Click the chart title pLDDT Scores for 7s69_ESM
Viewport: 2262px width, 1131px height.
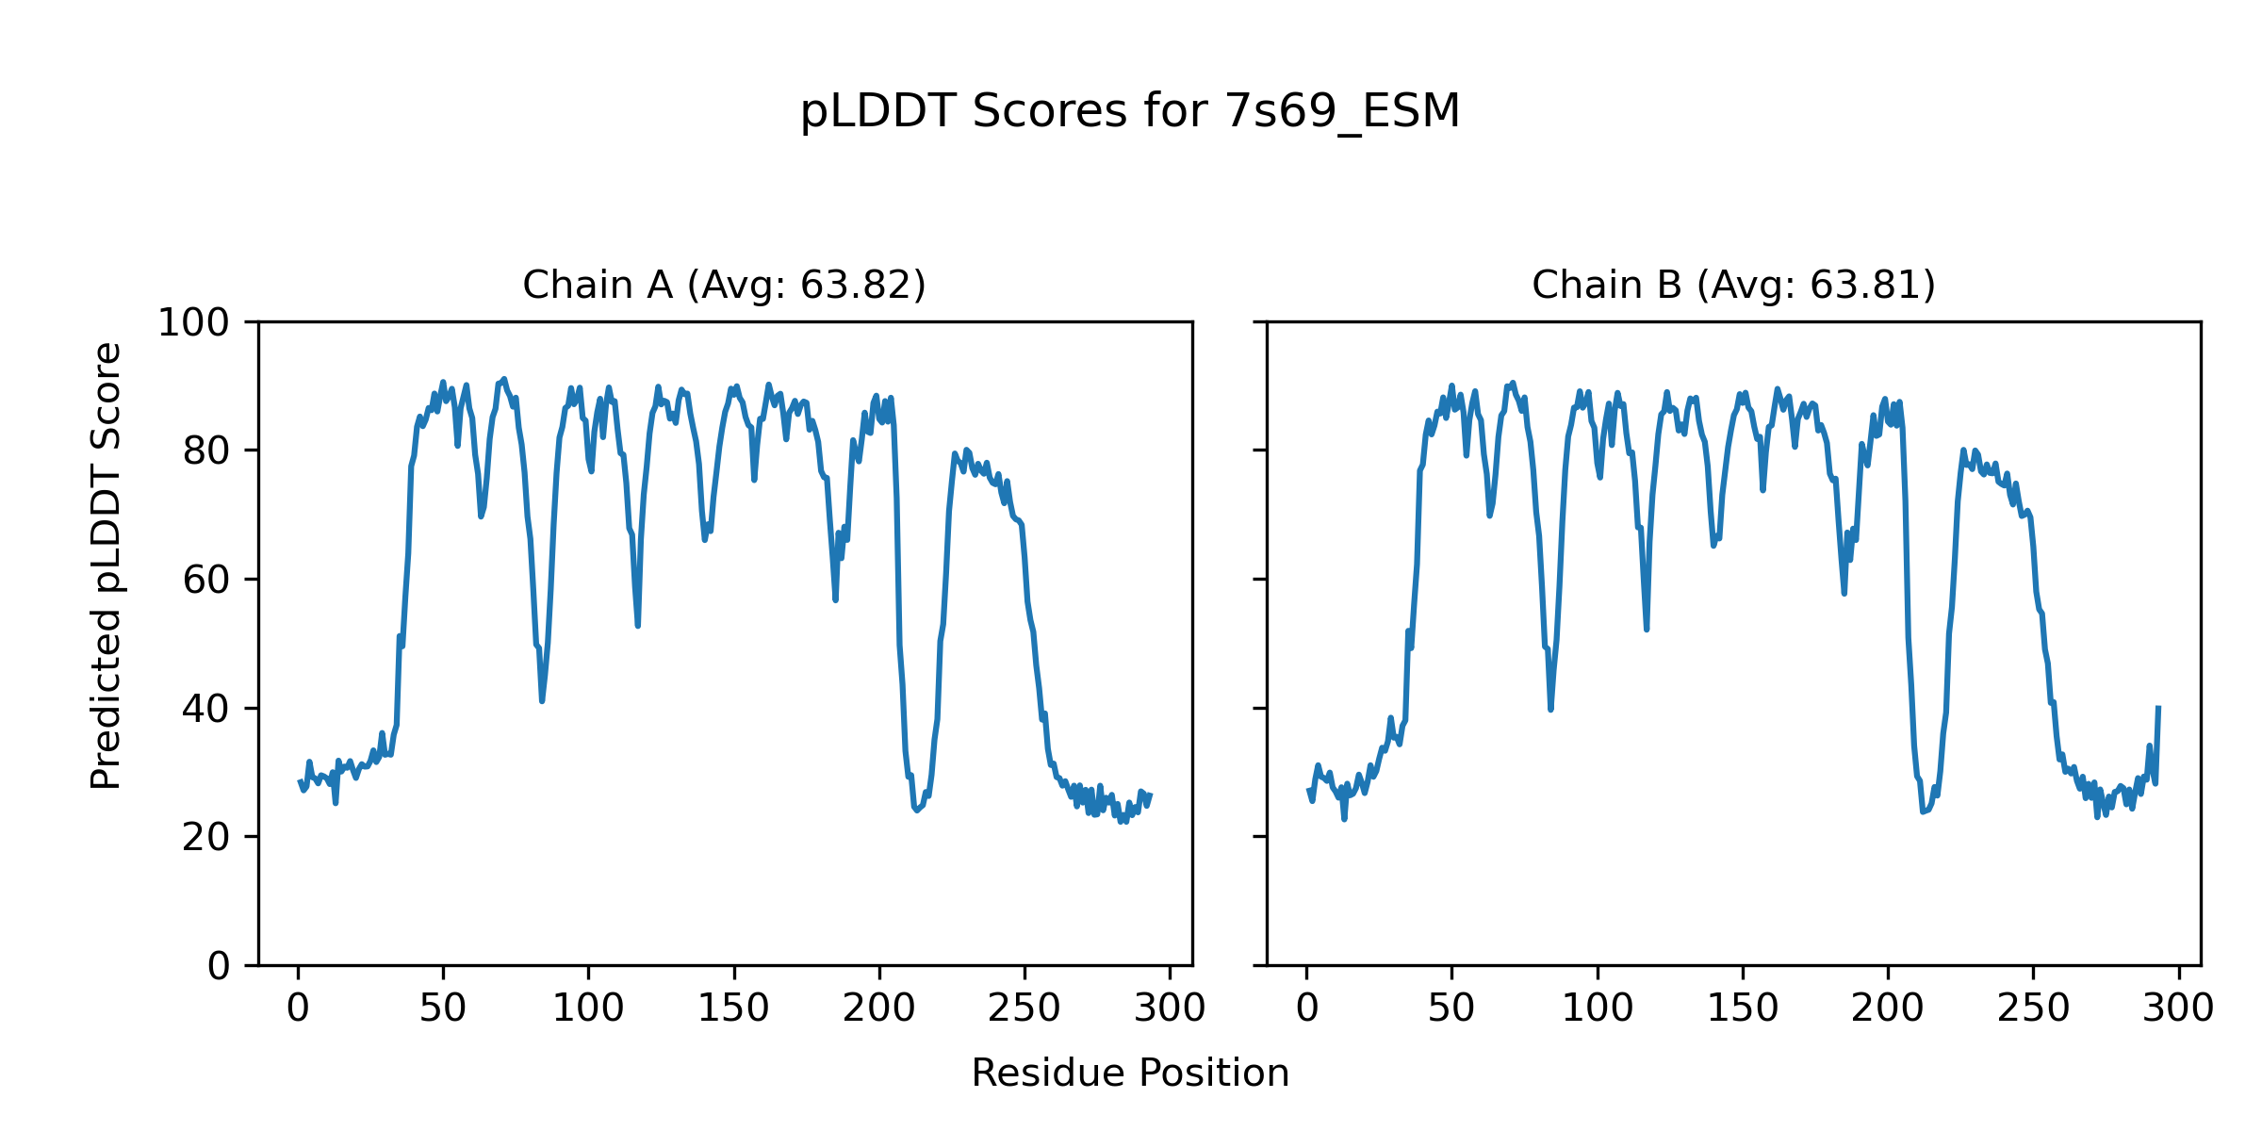click(x=1130, y=111)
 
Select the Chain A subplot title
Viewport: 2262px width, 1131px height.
click(x=724, y=285)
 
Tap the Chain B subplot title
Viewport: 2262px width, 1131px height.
click(x=1733, y=285)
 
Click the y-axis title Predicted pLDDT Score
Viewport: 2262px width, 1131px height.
click(x=107, y=565)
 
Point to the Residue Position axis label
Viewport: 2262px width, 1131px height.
click(x=1130, y=1073)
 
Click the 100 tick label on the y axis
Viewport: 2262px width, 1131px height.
click(x=193, y=323)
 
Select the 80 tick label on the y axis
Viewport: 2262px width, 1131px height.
click(x=206, y=452)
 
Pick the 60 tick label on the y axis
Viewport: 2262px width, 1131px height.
click(x=206, y=581)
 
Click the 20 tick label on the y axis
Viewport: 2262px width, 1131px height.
click(x=206, y=838)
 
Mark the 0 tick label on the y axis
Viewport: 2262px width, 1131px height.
click(x=219, y=966)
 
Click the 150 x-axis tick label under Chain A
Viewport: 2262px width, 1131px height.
click(x=733, y=1008)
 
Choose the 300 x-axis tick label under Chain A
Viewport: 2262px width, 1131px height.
click(x=1170, y=1008)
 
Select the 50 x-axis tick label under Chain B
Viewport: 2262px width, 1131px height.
click(x=1451, y=1008)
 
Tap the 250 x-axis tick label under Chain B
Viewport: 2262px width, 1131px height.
click(x=2033, y=1008)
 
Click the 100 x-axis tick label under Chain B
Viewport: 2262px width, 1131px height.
click(x=1598, y=1008)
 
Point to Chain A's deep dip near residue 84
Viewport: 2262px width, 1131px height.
click(x=542, y=700)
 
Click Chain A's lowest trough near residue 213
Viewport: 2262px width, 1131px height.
click(x=916, y=810)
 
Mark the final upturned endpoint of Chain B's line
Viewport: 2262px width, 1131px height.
click(x=2158, y=707)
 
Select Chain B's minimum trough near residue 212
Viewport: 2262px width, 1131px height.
click(x=1923, y=811)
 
